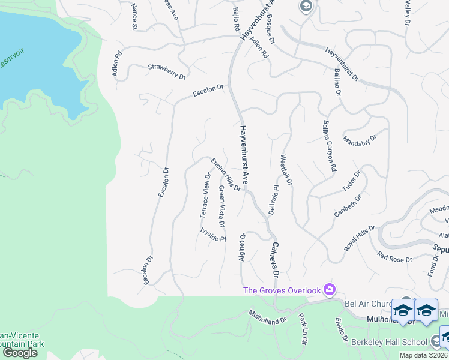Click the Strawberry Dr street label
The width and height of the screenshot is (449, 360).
coord(166,71)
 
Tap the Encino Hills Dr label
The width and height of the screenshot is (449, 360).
coord(226,175)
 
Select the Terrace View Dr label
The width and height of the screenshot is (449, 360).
coord(205,196)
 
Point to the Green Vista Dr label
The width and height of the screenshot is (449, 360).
coord(221,206)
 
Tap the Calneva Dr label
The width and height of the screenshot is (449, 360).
coord(276,260)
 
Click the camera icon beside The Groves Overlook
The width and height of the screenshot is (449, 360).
coord(329,290)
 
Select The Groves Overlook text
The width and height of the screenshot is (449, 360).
coord(282,291)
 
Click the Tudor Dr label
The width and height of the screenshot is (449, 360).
coord(351,182)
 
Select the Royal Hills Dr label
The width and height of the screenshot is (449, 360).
coord(359,238)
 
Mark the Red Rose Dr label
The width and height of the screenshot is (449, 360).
coord(394,259)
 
